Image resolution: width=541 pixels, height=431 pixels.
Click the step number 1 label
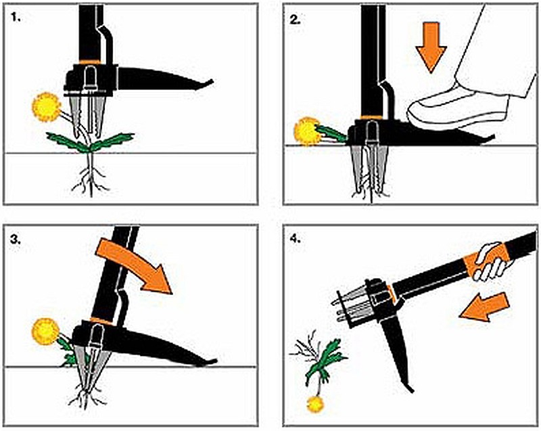17,18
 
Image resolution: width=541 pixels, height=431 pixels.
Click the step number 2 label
296,18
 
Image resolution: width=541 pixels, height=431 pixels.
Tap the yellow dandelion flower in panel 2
308,131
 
